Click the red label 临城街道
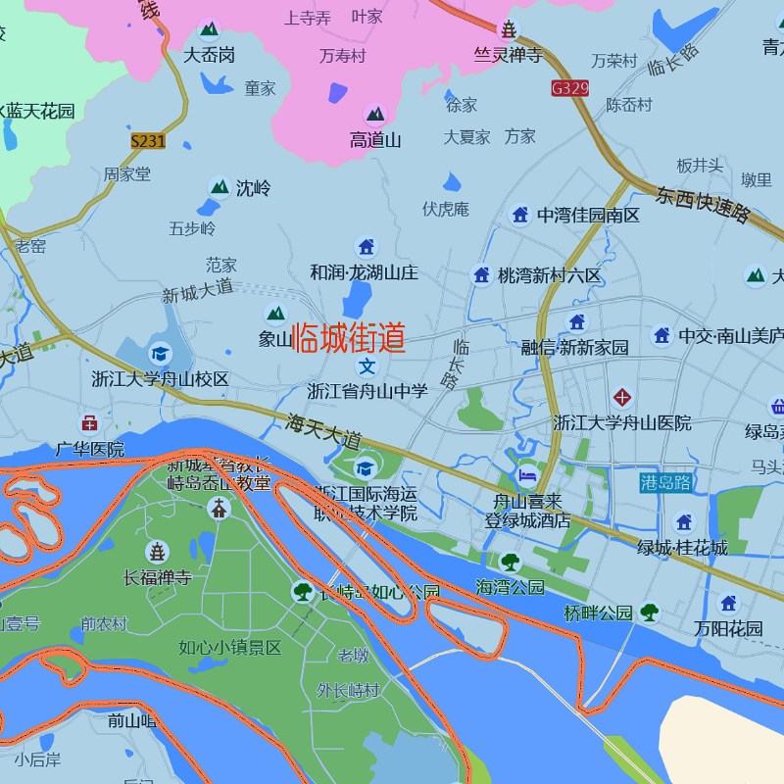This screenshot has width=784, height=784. tap(349, 338)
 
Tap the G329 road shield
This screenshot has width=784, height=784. tap(570, 88)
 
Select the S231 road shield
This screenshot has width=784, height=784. tap(148, 141)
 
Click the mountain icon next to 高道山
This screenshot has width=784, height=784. tap(375, 115)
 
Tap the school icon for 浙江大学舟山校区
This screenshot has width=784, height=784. tap(159, 353)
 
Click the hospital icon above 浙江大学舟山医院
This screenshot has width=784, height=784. tap(622, 397)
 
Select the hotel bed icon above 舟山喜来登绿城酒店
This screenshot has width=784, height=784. tap(528, 475)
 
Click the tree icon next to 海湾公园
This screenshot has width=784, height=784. tap(510, 562)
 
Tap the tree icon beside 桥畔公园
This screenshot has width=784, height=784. tap(649, 612)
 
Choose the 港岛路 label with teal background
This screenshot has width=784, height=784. tap(665, 482)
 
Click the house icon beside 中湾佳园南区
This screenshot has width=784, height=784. tap(520, 215)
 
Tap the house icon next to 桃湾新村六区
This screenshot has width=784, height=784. tap(481, 275)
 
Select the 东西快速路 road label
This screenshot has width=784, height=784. tap(704, 204)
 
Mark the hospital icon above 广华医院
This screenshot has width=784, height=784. tap(89, 423)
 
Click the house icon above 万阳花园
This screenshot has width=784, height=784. tap(728, 604)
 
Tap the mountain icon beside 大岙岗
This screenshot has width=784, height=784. tap(209, 30)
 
